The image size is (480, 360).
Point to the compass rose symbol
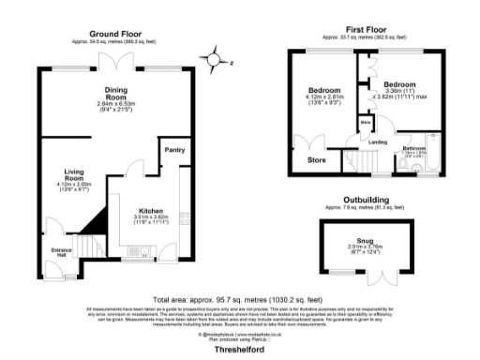(217, 63)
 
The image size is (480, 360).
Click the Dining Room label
(116, 93)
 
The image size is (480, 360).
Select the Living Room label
(75, 172)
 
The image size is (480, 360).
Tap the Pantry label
(174, 149)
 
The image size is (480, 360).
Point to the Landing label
(378, 142)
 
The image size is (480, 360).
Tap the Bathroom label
(413, 148)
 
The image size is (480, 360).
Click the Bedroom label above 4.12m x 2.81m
(322, 90)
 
